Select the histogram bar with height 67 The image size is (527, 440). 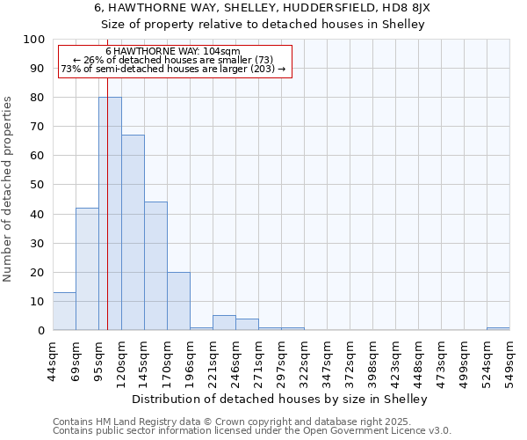(x=133, y=232)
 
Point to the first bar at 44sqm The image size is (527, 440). (x=64, y=312)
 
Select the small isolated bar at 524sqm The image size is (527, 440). (x=498, y=328)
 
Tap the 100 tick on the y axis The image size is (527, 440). (x=34, y=40)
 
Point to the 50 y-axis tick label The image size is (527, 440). (x=38, y=185)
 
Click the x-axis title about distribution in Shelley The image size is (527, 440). (x=281, y=399)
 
